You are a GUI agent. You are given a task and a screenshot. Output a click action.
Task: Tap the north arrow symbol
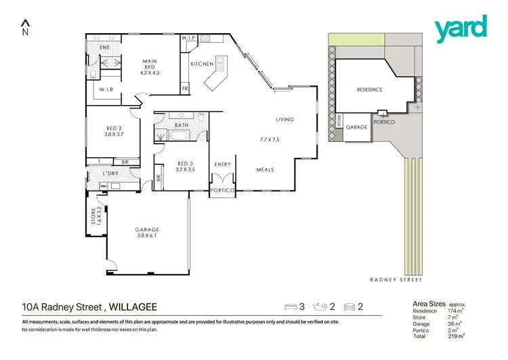click(25, 28)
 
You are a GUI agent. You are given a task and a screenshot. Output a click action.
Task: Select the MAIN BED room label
click(150, 62)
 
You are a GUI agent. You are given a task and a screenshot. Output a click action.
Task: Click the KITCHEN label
click(202, 64)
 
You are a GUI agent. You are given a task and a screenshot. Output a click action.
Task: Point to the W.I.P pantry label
click(188, 39)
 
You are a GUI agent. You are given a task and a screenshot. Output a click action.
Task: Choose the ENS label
click(105, 47)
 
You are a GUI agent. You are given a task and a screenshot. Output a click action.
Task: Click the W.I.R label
click(105, 89)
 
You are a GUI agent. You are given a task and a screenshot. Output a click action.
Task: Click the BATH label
click(181, 125)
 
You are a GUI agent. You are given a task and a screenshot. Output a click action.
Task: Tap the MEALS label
click(265, 169)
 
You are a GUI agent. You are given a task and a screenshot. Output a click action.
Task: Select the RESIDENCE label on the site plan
click(370, 89)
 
